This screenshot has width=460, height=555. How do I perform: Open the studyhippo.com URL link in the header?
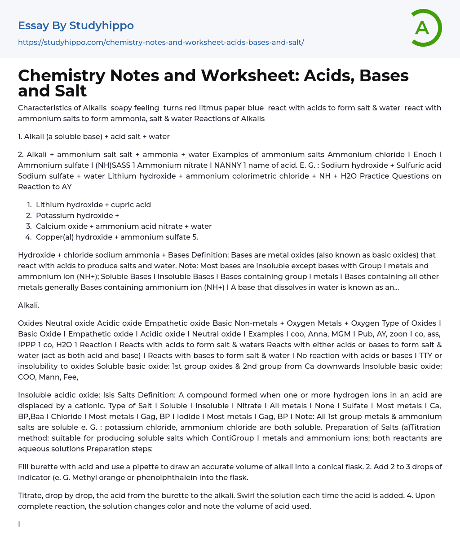[x=161, y=42]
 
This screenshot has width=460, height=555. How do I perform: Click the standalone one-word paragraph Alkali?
[x=29, y=305]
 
